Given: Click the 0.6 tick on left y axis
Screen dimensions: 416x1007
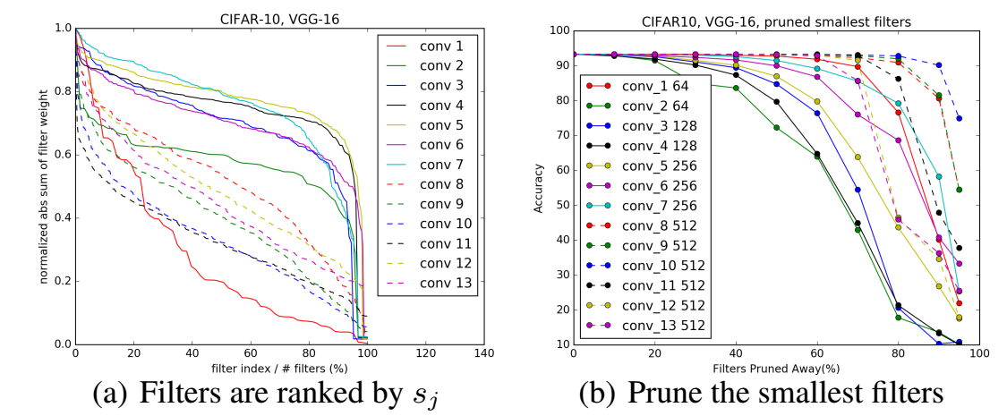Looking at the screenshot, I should tap(61, 155).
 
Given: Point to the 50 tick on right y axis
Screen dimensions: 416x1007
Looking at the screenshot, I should tap(560, 204).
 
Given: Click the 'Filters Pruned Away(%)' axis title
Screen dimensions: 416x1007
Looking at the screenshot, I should tap(775, 369).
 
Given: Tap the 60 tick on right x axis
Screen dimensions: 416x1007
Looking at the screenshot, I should tap(817, 355).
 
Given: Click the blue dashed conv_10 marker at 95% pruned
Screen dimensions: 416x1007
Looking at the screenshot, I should tap(959, 118).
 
